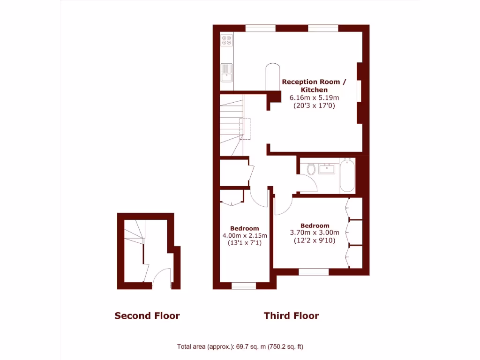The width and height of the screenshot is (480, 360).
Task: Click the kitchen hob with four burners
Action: click(227, 41)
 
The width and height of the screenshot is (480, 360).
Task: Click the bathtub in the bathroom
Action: click(347, 175)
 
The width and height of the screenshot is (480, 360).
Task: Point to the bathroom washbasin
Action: click(327, 168)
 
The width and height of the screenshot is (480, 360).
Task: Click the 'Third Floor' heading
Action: click(291, 315)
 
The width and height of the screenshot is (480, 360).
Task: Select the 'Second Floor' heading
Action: click(147, 315)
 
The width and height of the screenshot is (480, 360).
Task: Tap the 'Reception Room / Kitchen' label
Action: click(314, 85)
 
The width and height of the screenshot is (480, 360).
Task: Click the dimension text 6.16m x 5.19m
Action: click(314, 97)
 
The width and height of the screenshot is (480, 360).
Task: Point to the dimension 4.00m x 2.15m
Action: click(244, 236)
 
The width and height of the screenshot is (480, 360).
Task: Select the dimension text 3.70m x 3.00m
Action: click(315, 232)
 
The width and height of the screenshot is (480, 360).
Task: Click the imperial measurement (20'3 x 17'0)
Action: click(314, 105)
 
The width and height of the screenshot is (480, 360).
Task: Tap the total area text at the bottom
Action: click(240, 347)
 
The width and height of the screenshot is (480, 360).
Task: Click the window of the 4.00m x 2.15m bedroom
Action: click(244, 285)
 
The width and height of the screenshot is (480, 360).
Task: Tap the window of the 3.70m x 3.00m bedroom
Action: click(314, 271)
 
